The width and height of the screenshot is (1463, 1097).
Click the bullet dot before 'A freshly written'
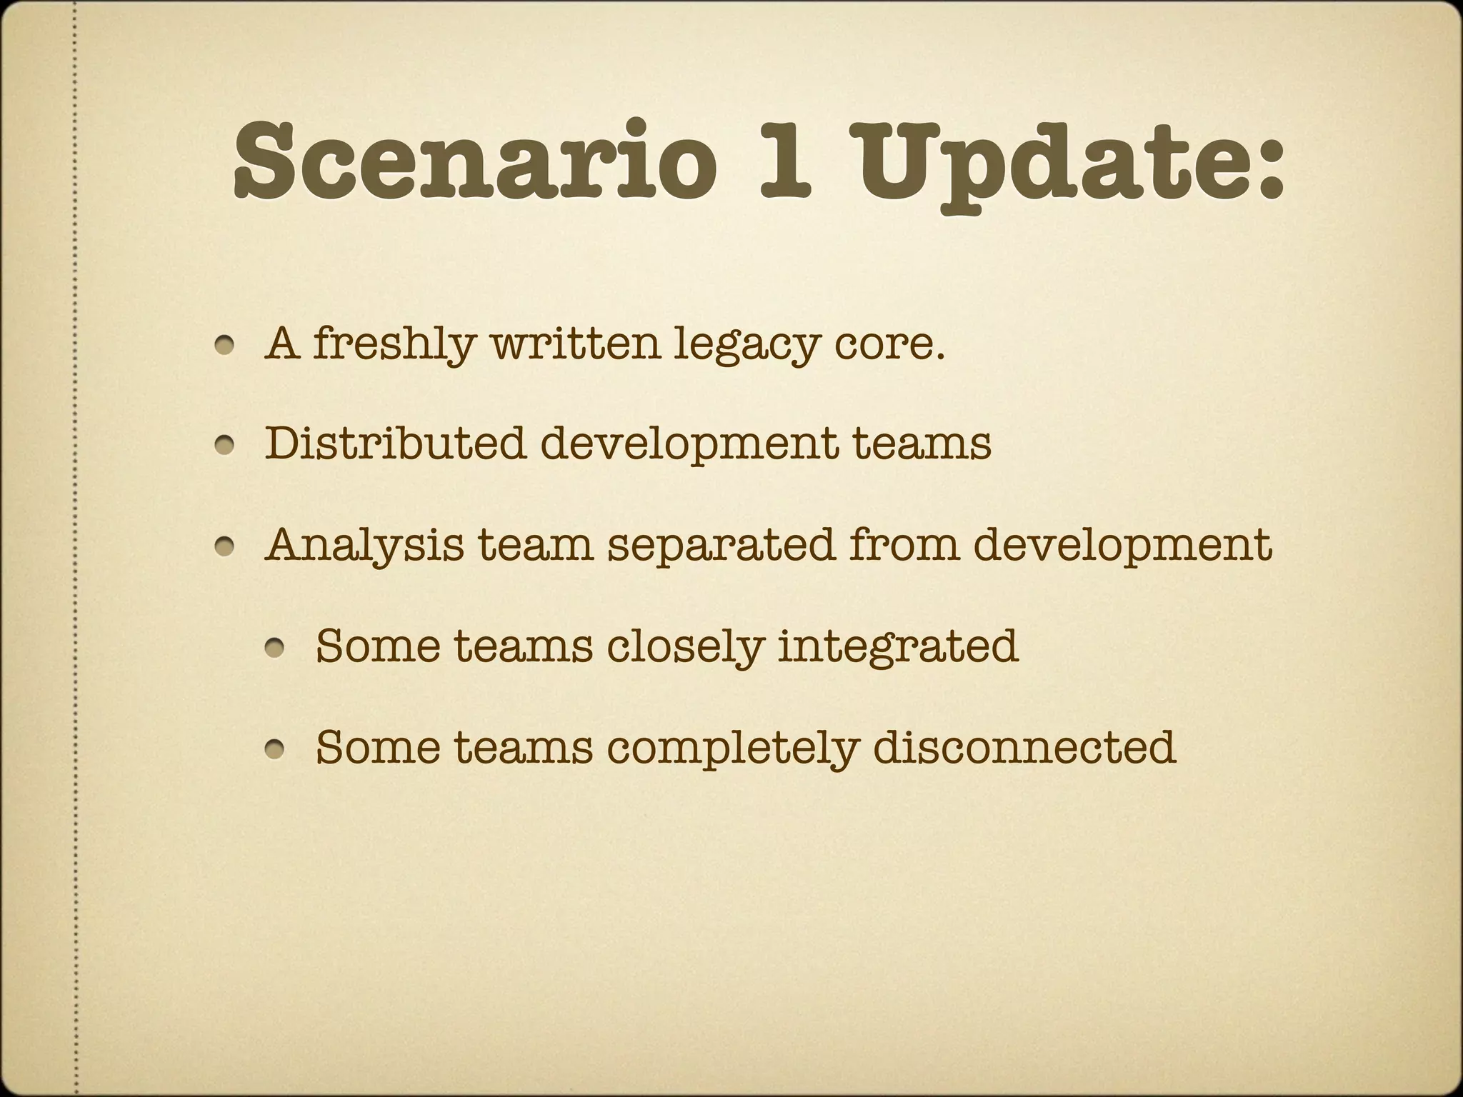click(x=226, y=346)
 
